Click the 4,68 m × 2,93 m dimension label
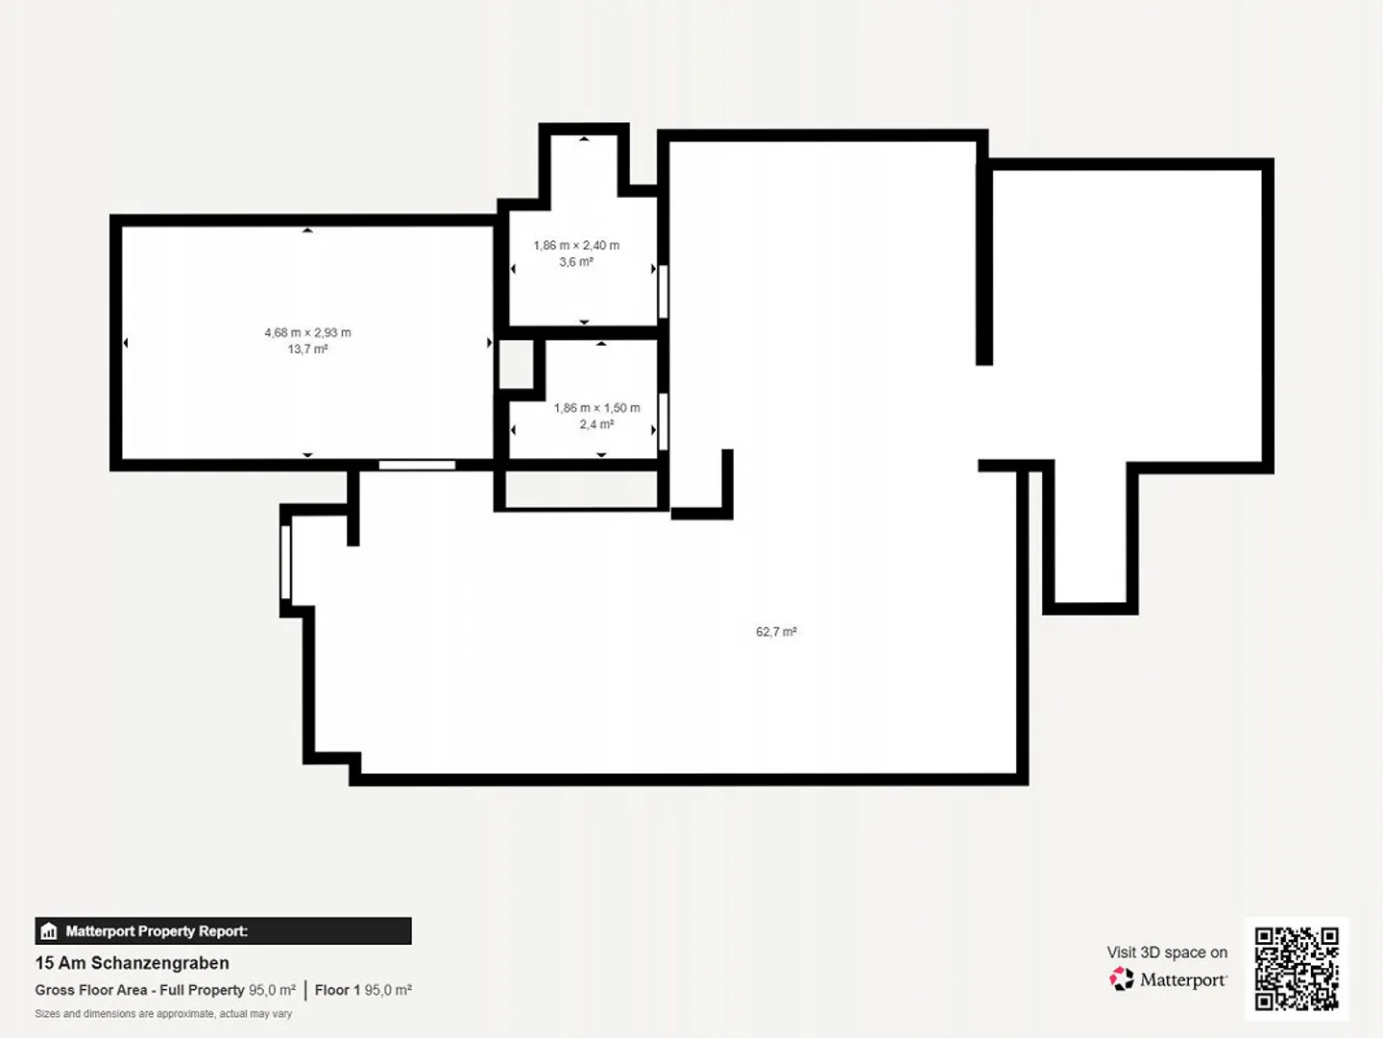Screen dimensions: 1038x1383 click(x=307, y=333)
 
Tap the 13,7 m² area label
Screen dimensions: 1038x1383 click(x=307, y=350)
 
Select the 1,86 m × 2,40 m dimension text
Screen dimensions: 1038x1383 click(x=576, y=246)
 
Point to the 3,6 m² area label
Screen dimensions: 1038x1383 click(x=576, y=262)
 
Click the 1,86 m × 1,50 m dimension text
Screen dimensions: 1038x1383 click(x=596, y=408)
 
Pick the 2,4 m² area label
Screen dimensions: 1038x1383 click(x=596, y=424)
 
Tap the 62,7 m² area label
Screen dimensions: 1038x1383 click(x=776, y=632)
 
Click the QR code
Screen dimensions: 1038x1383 click(x=1297, y=968)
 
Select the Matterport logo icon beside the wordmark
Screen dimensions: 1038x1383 click(x=1121, y=979)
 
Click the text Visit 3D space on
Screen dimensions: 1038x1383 click(x=1167, y=953)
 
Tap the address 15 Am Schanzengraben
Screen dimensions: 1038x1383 click(x=133, y=963)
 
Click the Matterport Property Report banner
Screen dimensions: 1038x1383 click(x=223, y=931)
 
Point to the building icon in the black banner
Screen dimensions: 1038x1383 click(x=49, y=931)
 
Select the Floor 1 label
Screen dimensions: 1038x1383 click(x=337, y=990)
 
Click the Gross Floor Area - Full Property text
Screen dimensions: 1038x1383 click(x=139, y=990)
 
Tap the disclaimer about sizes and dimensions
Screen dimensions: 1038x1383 click(x=163, y=1014)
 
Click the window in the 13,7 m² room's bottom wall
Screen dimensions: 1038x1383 click(x=417, y=466)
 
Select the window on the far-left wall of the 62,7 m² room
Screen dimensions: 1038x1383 click(x=285, y=560)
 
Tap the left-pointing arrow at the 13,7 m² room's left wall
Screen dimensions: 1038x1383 click(x=126, y=343)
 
